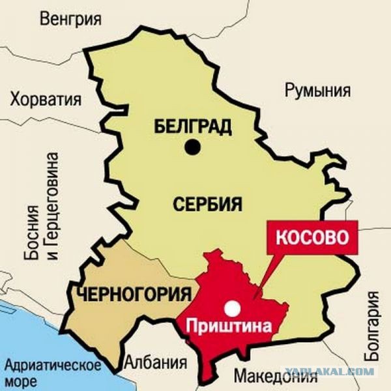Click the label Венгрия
(x=70, y=18)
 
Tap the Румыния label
(x=317, y=90)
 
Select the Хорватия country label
(x=46, y=100)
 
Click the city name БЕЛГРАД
(x=193, y=125)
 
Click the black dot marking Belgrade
(x=192, y=148)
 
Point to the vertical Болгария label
(x=372, y=327)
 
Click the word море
(x=22, y=380)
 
